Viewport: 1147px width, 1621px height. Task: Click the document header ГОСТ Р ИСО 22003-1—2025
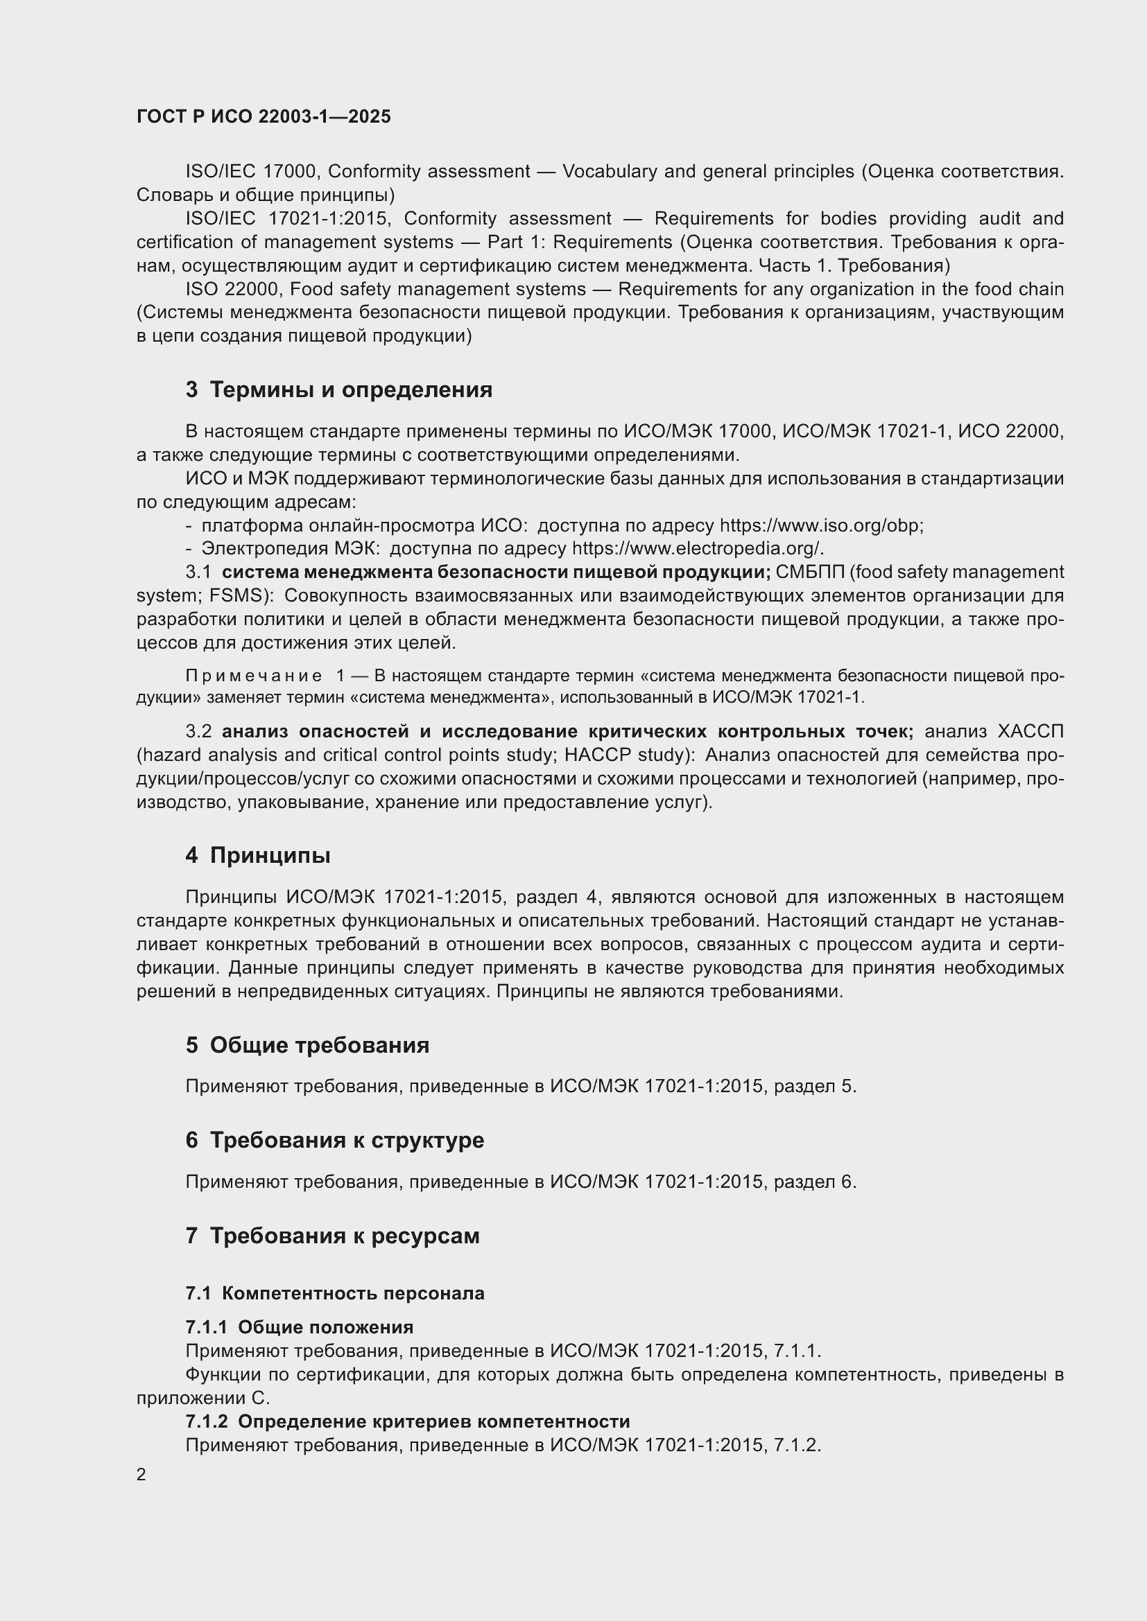tap(264, 117)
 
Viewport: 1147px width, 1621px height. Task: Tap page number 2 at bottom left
tap(141, 1474)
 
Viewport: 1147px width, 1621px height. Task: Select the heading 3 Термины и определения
tap(339, 389)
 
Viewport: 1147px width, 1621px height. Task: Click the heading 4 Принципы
tap(258, 856)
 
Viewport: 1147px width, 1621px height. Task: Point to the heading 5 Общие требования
tap(307, 1045)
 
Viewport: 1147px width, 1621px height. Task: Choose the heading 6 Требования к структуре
tap(335, 1140)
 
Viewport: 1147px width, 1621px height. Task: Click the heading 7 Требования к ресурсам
tap(333, 1236)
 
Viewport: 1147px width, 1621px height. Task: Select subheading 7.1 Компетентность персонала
tap(335, 1293)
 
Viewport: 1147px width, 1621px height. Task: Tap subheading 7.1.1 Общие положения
tap(299, 1327)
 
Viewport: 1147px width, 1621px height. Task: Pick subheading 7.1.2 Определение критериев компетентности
tap(408, 1421)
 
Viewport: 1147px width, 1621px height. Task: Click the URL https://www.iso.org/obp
tap(820, 526)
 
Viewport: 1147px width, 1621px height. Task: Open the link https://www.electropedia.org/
tap(697, 549)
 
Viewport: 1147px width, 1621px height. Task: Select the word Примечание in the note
tap(254, 676)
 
